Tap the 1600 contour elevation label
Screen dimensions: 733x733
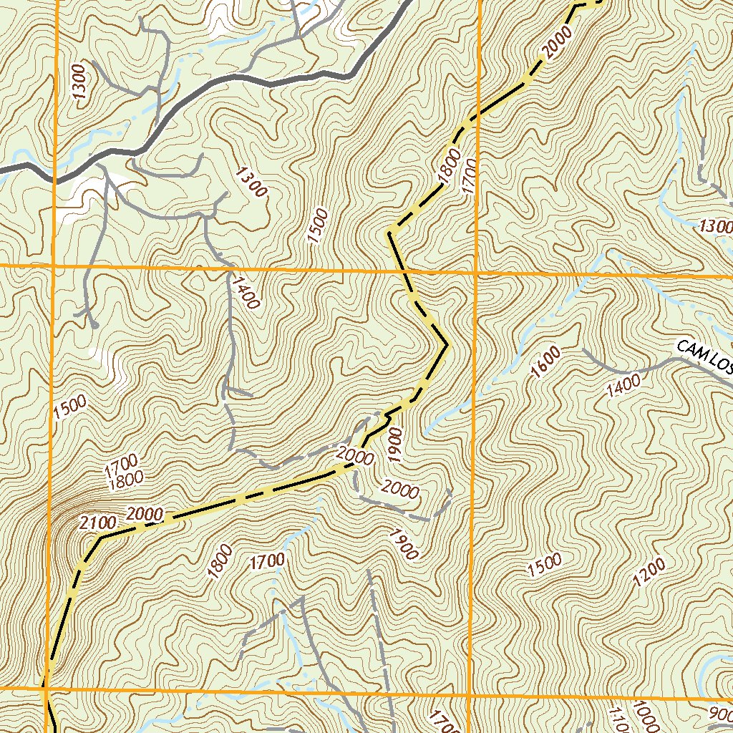click(546, 361)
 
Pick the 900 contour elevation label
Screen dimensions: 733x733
click(719, 713)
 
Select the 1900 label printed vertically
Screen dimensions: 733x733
click(396, 442)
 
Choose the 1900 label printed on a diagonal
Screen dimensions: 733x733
click(403, 543)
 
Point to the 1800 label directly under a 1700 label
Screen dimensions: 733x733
click(124, 481)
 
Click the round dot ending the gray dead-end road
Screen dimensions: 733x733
click(94, 326)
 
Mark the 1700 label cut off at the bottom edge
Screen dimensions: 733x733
click(443, 722)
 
